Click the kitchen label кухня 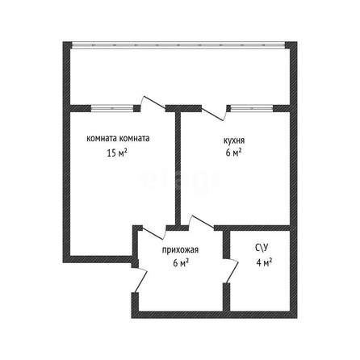(x=234, y=140)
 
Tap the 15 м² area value (x=117, y=153)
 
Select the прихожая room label (x=180, y=250)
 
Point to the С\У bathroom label (x=262, y=248)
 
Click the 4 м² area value (x=264, y=262)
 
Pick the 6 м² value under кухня (x=233, y=153)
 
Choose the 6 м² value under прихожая (x=181, y=262)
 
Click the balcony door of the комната (x=153, y=103)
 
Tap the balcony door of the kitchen (x=215, y=114)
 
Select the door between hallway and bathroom (x=232, y=271)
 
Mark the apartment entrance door (x=140, y=280)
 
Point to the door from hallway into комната (x=153, y=233)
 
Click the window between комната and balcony (x=112, y=108)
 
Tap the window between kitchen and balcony (x=252, y=108)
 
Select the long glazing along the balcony (x=178, y=45)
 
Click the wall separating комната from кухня (x=178, y=168)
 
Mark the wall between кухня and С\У (x=252, y=228)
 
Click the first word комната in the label (x=102, y=139)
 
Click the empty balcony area (x=180, y=77)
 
